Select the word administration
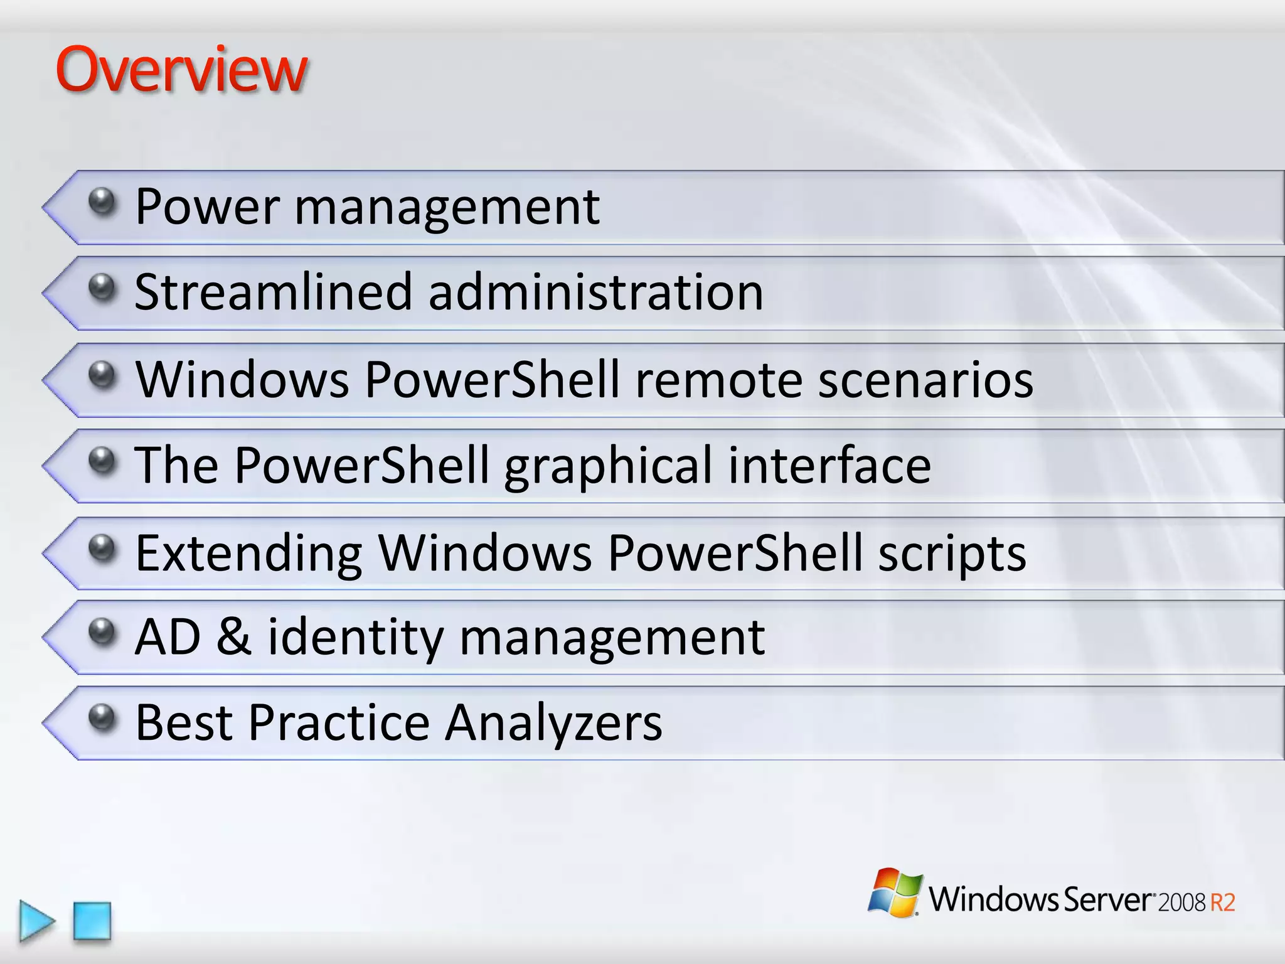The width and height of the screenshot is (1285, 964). pos(595,292)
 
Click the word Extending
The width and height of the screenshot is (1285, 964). pos(248,554)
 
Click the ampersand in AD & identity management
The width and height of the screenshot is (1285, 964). pos(233,637)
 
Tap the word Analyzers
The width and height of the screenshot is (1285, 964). pos(553,723)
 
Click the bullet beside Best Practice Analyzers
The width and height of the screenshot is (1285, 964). pos(102,717)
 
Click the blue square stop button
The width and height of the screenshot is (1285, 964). pos(92,921)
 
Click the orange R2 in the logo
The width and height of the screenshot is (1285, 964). pos(1222,902)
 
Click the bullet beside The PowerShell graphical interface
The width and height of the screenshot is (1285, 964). pos(102,460)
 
